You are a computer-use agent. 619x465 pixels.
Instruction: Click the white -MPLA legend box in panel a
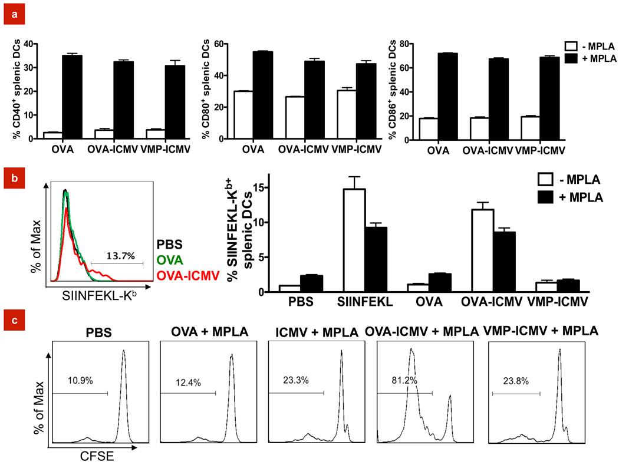pos(571,45)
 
